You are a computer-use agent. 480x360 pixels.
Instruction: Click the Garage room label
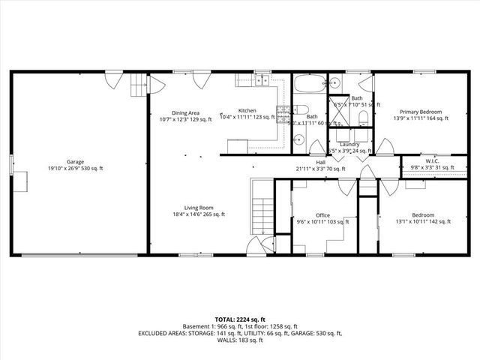pos(75,161)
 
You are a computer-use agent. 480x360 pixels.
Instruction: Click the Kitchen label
pos(247,111)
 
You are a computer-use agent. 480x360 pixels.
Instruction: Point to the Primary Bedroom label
pos(421,111)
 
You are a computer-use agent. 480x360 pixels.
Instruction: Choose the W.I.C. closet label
pos(432,160)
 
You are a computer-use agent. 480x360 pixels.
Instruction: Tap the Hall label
pos(320,162)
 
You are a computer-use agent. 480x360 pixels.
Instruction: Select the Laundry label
pos(349,144)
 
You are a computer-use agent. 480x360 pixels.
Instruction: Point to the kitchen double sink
pos(262,82)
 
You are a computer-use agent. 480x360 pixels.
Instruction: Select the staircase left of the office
pos(261,214)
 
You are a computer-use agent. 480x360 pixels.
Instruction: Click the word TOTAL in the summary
pos(226,318)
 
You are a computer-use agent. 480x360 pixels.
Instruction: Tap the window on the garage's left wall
pos(10,162)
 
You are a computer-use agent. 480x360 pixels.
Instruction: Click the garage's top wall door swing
pos(112,76)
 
